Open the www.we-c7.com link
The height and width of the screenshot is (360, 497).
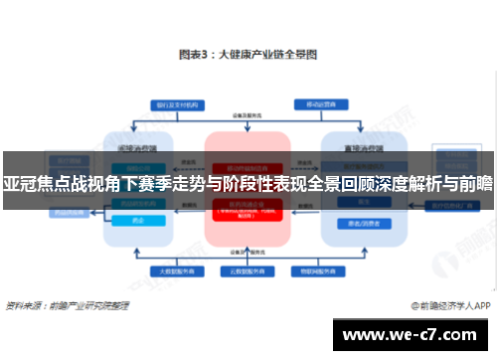(x=412, y=334)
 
